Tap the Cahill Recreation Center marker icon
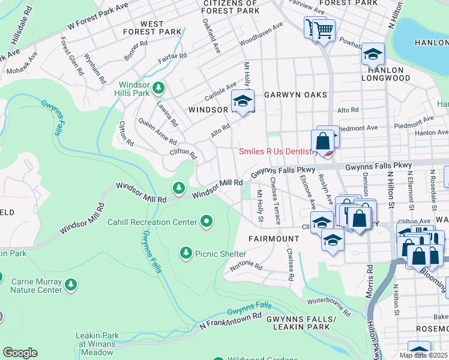coord(207,222)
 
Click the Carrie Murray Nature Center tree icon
coord(71,283)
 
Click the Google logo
coord(20,353)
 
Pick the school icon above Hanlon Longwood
coord(372,55)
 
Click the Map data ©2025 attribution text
coord(423,355)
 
